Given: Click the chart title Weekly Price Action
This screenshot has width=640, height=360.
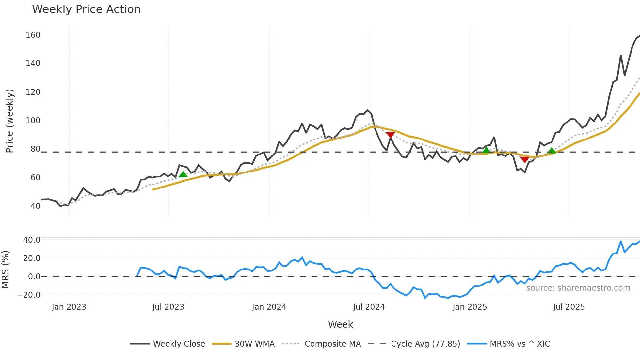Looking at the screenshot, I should [x=86, y=9].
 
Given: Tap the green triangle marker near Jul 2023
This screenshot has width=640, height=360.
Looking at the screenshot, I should [x=183, y=174].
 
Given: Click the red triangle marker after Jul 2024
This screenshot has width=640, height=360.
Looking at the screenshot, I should [x=390, y=135].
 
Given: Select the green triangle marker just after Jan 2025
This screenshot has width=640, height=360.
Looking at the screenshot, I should [x=486, y=150].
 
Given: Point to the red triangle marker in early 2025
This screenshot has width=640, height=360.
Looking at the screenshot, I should [x=525, y=159].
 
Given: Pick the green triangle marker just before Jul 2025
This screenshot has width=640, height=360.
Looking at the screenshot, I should [x=552, y=151].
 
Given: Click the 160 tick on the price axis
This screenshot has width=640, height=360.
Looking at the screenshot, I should [x=33, y=35].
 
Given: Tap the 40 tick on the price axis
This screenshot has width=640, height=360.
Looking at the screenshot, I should [x=35, y=206].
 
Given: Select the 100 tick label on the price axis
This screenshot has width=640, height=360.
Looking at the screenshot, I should [x=33, y=121].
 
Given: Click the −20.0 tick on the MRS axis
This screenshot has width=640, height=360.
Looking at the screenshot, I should [x=29, y=295].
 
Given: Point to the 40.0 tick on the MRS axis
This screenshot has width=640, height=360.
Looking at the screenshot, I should [x=32, y=240].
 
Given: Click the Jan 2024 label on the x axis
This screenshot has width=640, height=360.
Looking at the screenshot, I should [x=269, y=307].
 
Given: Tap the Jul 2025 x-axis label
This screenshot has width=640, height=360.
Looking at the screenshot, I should [x=569, y=307].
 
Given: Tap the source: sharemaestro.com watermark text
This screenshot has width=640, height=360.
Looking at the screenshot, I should [x=578, y=288].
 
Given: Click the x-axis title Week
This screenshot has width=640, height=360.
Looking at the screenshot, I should [x=340, y=324].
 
